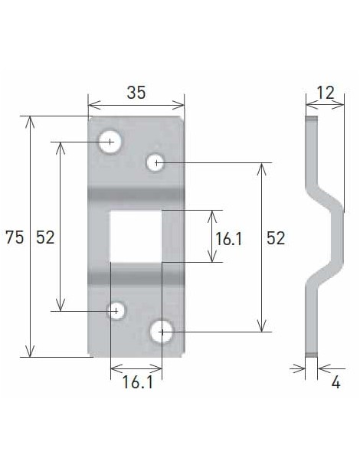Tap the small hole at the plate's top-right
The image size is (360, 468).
155,162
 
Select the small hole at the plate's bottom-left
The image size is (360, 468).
116,310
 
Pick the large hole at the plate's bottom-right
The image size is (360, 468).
162,332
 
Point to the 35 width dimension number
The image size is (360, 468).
136,93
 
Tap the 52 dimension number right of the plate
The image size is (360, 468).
275,238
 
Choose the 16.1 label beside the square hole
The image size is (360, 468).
228,238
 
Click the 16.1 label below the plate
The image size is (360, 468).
136,381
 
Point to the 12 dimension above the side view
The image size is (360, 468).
325,93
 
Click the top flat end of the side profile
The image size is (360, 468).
310,138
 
